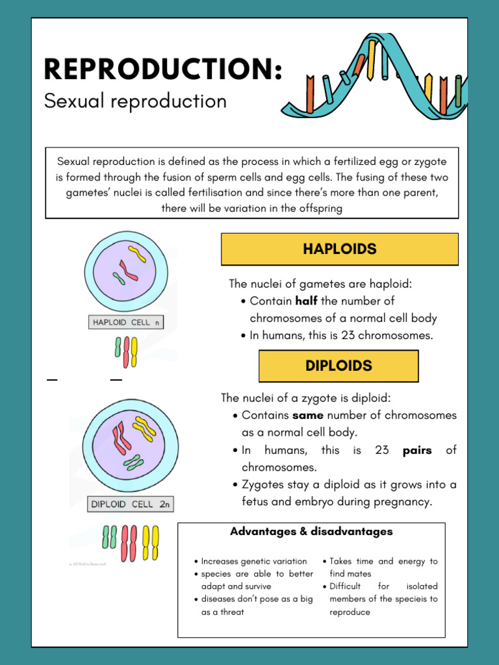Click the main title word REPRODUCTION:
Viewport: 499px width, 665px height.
(163, 69)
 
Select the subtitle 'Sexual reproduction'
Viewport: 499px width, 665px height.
(135, 101)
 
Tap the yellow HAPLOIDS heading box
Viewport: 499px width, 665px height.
(339, 249)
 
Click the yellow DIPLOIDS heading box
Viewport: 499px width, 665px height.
(339, 366)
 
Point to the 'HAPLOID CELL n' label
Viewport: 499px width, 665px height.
(125, 322)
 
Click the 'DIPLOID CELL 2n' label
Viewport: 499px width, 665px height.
(131, 504)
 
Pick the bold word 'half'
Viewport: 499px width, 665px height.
(306, 301)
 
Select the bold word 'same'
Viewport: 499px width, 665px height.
(308, 416)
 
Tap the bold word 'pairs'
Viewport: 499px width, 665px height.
(417, 450)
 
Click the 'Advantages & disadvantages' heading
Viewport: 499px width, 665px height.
(311, 532)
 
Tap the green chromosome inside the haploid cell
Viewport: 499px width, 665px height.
(118, 279)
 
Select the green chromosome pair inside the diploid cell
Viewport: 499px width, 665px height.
(134, 462)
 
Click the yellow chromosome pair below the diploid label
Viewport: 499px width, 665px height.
(151, 542)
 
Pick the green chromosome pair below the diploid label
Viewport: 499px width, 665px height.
(109, 536)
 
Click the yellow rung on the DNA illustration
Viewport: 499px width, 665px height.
(371, 58)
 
